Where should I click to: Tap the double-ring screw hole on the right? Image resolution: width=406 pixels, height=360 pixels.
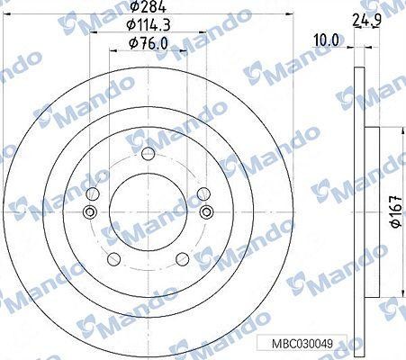pos(207,212)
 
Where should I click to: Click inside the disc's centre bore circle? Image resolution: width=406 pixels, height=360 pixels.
pos(148,225)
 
